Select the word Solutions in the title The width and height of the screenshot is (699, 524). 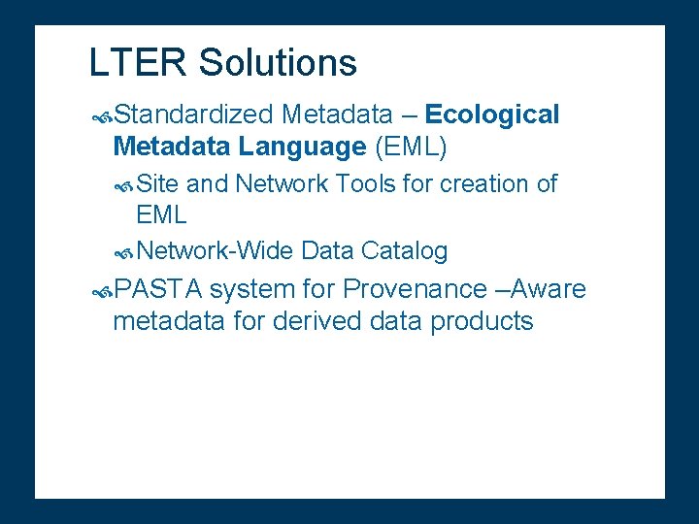278,63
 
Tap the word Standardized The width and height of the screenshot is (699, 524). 193,115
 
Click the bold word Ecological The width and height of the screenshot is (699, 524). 492,115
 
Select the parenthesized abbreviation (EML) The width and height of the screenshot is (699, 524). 410,147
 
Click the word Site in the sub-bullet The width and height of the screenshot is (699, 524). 157,183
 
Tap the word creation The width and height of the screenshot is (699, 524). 483,183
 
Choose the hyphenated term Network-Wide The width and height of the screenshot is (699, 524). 215,251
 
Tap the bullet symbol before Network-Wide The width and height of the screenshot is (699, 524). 123,252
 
